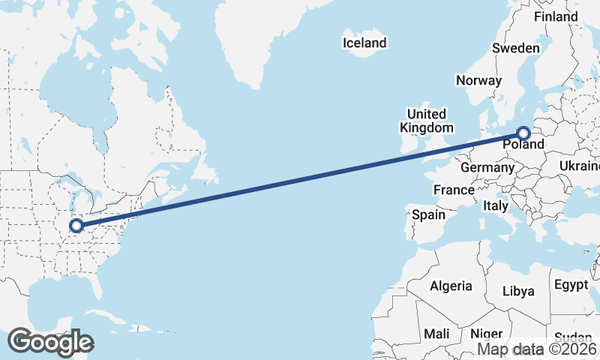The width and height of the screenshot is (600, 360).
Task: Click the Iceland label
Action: click(364, 43)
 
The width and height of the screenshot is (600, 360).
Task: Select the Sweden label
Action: click(515, 48)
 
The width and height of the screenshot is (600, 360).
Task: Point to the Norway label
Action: click(478, 80)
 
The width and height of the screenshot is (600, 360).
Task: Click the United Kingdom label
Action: click(426, 121)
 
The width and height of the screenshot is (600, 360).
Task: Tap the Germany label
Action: click(486, 167)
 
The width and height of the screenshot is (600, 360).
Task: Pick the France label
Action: click(454, 190)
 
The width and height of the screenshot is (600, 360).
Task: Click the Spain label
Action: click(429, 214)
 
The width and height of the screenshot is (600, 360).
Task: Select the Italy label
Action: click(495, 205)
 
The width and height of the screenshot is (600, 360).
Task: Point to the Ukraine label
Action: click(580, 166)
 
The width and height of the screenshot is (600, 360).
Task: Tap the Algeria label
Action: click(451, 286)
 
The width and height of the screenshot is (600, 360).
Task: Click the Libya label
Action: click(518, 290)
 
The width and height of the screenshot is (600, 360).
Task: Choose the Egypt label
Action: click(571, 284)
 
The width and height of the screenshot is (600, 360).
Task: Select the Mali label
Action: click(436, 333)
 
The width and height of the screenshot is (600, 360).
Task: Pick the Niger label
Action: click(486, 333)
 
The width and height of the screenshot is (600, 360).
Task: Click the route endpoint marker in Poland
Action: click(523, 133)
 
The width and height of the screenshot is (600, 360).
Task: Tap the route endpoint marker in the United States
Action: click(76, 225)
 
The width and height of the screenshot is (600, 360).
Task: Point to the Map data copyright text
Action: click(538, 349)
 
